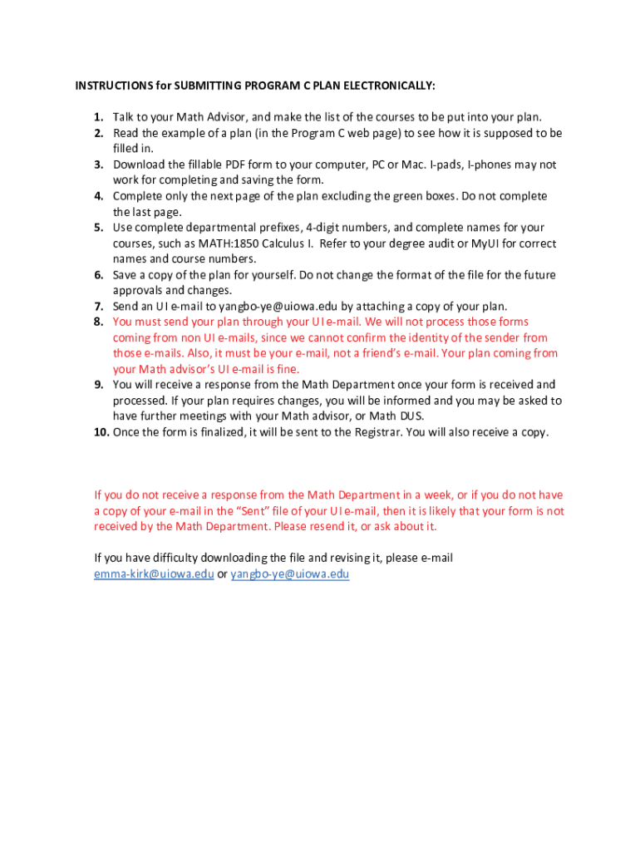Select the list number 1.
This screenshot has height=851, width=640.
click(98, 117)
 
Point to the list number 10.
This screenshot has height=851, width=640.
click(101, 432)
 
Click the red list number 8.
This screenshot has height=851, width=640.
click(98, 322)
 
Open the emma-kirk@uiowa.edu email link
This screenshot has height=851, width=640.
click(154, 574)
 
